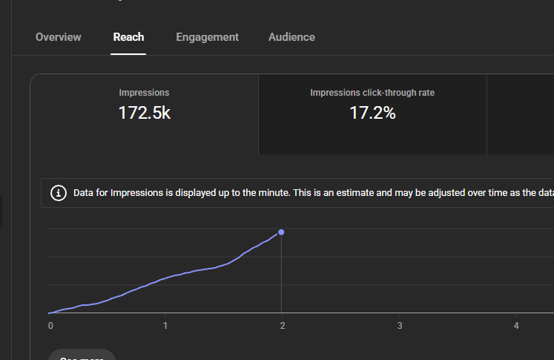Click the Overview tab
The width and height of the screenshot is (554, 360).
click(59, 37)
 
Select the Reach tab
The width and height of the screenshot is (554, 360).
click(128, 37)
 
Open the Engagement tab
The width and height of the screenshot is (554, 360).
click(207, 37)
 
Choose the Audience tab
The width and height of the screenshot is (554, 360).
click(291, 37)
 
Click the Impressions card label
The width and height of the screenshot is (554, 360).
click(144, 93)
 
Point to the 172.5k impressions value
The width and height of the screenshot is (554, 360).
click(144, 114)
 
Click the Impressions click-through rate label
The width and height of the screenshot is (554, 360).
click(372, 93)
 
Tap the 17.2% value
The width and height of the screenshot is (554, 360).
click(372, 114)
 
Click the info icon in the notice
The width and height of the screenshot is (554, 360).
click(58, 193)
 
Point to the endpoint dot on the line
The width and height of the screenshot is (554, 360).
click(281, 232)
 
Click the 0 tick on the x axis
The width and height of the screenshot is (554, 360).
click(50, 326)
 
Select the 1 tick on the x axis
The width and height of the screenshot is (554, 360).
click(165, 326)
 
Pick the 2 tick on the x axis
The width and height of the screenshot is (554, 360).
click(283, 326)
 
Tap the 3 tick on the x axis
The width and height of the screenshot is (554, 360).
click(400, 326)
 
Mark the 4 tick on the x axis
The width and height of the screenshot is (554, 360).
click(516, 326)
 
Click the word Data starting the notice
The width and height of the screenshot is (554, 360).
click(85, 193)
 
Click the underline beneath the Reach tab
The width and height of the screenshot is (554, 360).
click(128, 53)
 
